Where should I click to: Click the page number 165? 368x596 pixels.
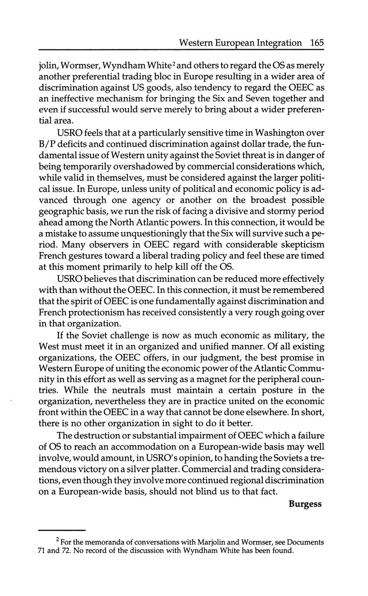(x=317, y=43)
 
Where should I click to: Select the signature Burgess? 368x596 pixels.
(x=305, y=504)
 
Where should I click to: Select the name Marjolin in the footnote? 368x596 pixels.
(x=212, y=542)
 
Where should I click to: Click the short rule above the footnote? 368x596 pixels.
(x=62, y=530)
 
